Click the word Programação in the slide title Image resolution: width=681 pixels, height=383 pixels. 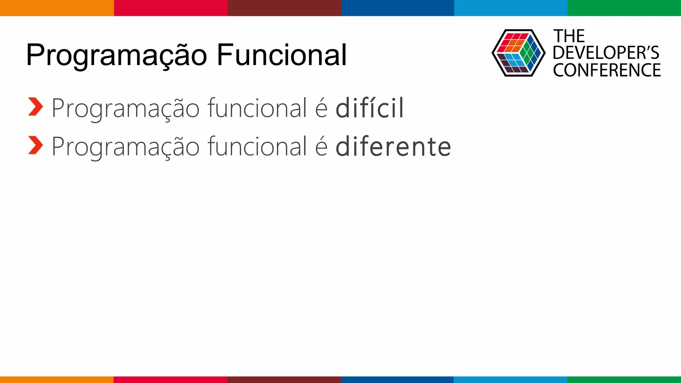[116, 55]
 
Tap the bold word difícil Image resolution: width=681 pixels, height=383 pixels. [370, 108]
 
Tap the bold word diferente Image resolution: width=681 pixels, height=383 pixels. [393, 146]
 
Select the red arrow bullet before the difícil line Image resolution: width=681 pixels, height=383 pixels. [35, 107]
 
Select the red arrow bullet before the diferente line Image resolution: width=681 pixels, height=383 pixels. [35, 145]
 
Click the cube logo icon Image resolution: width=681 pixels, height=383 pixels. [518, 53]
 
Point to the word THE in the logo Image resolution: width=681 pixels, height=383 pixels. [569, 36]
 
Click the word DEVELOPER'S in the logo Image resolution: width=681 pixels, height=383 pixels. [606, 53]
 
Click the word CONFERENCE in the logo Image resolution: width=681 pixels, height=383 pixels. [607, 70]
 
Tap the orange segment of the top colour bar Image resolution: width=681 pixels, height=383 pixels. [57, 8]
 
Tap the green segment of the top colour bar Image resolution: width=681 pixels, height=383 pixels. [624, 8]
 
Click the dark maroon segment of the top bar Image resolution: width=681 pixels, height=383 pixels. [284, 8]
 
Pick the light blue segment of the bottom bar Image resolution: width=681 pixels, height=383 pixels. [510, 379]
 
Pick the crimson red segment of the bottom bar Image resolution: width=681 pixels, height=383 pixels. [170, 379]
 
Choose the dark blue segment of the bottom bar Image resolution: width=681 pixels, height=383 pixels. [397, 379]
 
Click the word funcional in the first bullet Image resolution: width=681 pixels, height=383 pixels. [257, 108]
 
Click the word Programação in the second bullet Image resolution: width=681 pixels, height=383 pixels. [125, 146]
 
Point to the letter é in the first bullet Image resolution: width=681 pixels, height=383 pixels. [321, 108]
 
